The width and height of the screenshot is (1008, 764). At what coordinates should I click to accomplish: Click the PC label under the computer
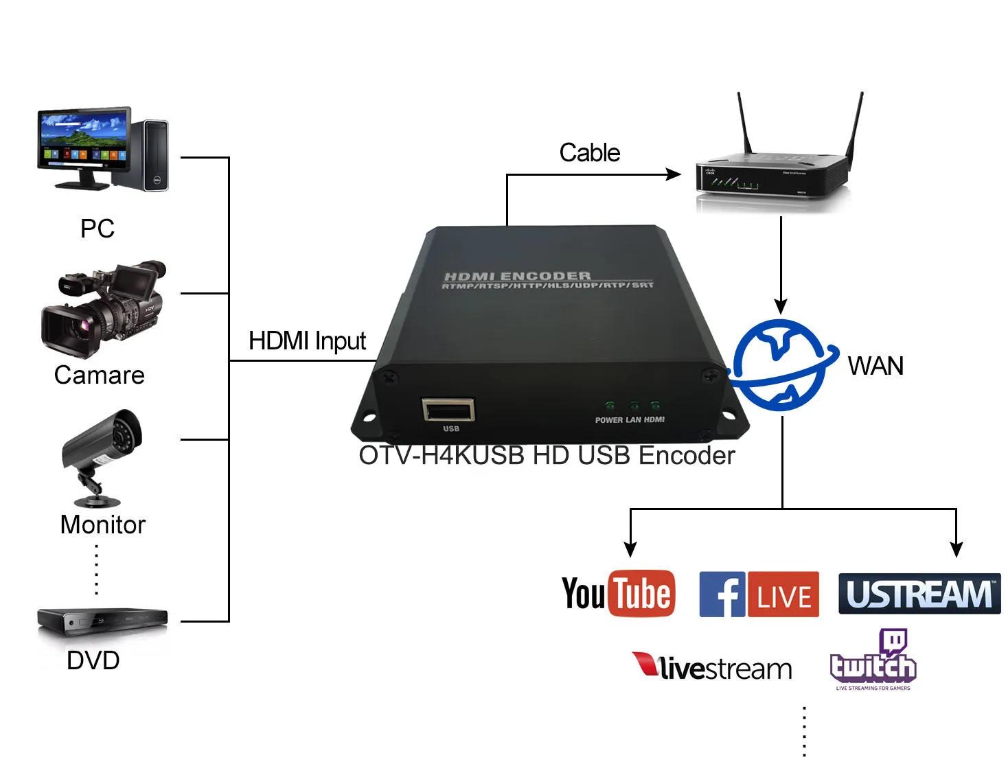[x=97, y=229]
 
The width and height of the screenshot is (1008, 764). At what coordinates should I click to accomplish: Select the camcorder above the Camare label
[x=103, y=308]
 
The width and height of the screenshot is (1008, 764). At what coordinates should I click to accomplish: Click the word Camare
[x=100, y=375]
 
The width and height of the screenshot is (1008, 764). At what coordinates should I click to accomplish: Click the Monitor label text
[x=103, y=524]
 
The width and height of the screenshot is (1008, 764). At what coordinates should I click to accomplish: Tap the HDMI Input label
[x=307, y=340]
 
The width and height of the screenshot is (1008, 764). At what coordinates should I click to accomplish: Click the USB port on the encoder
[x=449, y=410]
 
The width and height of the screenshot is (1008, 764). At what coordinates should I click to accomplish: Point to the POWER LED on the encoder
[x=608, y=406]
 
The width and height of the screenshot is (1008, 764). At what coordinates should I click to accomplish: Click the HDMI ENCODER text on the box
[x=517, y=276]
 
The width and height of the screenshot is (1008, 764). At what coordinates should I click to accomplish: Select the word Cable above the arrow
[x=589, y=152]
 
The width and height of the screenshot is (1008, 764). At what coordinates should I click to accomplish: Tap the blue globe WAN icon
[x=781, y=364]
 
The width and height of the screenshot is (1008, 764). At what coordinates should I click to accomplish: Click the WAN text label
[x=875, y=366]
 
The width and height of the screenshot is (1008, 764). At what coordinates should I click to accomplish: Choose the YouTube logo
[x=618, y=593]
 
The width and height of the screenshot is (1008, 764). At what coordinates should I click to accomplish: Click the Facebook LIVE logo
[x=759, y=594]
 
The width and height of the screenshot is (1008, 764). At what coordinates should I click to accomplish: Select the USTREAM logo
[x=919, y=594]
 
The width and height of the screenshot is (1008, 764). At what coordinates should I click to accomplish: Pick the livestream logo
[x=712, y=667]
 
